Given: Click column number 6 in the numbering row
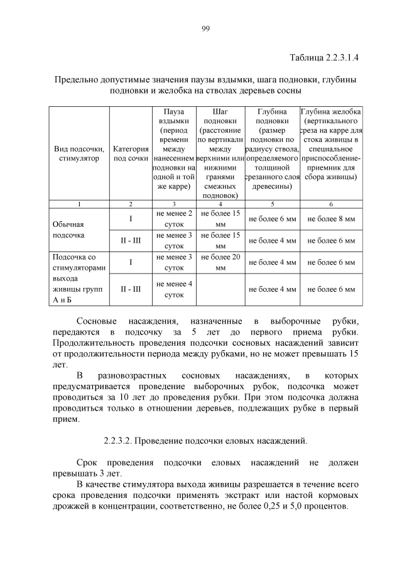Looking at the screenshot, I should [330, 204].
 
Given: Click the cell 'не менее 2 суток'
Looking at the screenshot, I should [174, 219].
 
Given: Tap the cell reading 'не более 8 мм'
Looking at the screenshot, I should [331, 219].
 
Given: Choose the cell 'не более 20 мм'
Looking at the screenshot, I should [220, 262].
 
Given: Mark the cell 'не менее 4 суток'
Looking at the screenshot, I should [174, 289].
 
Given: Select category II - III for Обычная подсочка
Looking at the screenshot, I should [131, 241].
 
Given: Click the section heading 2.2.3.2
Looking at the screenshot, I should [205, 441].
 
